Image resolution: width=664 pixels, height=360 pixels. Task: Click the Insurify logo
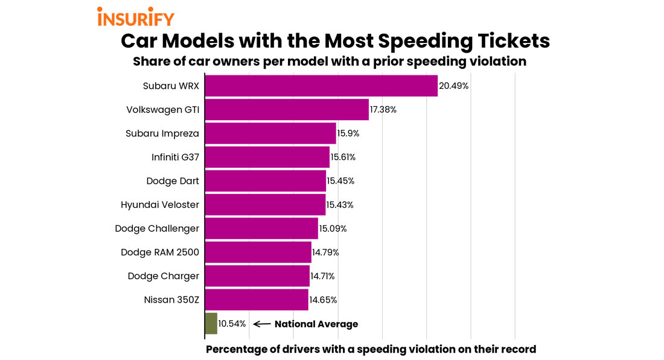pyautogui.click(x=136, y=16)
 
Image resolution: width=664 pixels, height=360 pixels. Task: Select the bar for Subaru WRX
pyautogui.click(x=321, y=86)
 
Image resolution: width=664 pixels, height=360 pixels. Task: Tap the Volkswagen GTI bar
pyautogui.click(x=287, y=110)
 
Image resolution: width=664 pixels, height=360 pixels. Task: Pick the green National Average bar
pyautogui.click(x=211, y=324)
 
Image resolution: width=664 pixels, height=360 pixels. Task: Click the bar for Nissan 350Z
pyautogui.click(x=257, y=300)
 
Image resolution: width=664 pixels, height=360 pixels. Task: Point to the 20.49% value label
pyautogui.click(x=454, y=86)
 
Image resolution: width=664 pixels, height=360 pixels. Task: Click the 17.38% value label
pyautogui.click(x=383, y=110)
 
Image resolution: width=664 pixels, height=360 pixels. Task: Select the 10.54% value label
pyautogui.click(x=232, y=324)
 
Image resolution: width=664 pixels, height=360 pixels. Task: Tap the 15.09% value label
pyautogui.click(x=333, y=228)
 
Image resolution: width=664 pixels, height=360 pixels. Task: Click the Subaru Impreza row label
pyautogui.click(x=162, y=133)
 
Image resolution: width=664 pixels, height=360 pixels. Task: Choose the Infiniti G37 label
pyautogui.click(x=175, y=157)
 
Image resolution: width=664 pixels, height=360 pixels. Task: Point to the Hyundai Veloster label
pyautogui.click(x=160, y=205)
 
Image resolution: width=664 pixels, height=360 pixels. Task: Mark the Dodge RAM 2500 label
pyautogui.click(x=160, y=252)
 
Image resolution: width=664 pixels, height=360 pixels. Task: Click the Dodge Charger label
pyautogui.click(x=164, y=276)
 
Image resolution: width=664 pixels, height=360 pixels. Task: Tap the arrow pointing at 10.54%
pyautogui.click(x=261, y=324)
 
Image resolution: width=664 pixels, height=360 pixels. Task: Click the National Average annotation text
pyautogui.click(x=316, y=324)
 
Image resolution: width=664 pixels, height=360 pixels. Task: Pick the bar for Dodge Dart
pyautogui.click(x=266, y=181)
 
